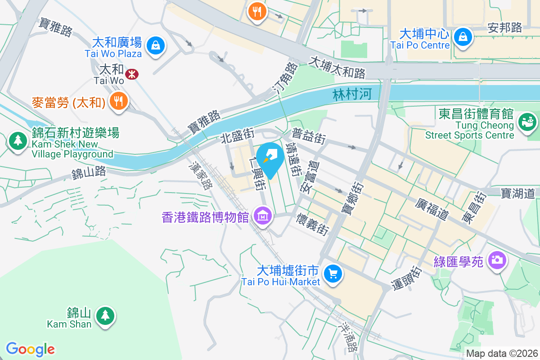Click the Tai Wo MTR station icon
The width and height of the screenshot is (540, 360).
tap(132, 74)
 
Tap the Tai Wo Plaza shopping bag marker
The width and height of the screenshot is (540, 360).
tap(155, 45)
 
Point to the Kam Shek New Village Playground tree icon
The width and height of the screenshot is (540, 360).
tap(18, 141)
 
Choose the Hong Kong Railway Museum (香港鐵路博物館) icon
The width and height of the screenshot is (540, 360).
tap(262, 216)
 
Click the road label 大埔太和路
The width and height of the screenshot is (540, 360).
tap(337, 67)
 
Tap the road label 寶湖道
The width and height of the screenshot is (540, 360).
tap(518, 193)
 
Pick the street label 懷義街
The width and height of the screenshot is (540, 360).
tap(312, 224)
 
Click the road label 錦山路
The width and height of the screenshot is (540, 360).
tap(89, 172)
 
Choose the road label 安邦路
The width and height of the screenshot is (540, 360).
tap(505, 28)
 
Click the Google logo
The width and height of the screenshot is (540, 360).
tap(31, 349)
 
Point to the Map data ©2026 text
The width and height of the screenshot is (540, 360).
tap(502, 353)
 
